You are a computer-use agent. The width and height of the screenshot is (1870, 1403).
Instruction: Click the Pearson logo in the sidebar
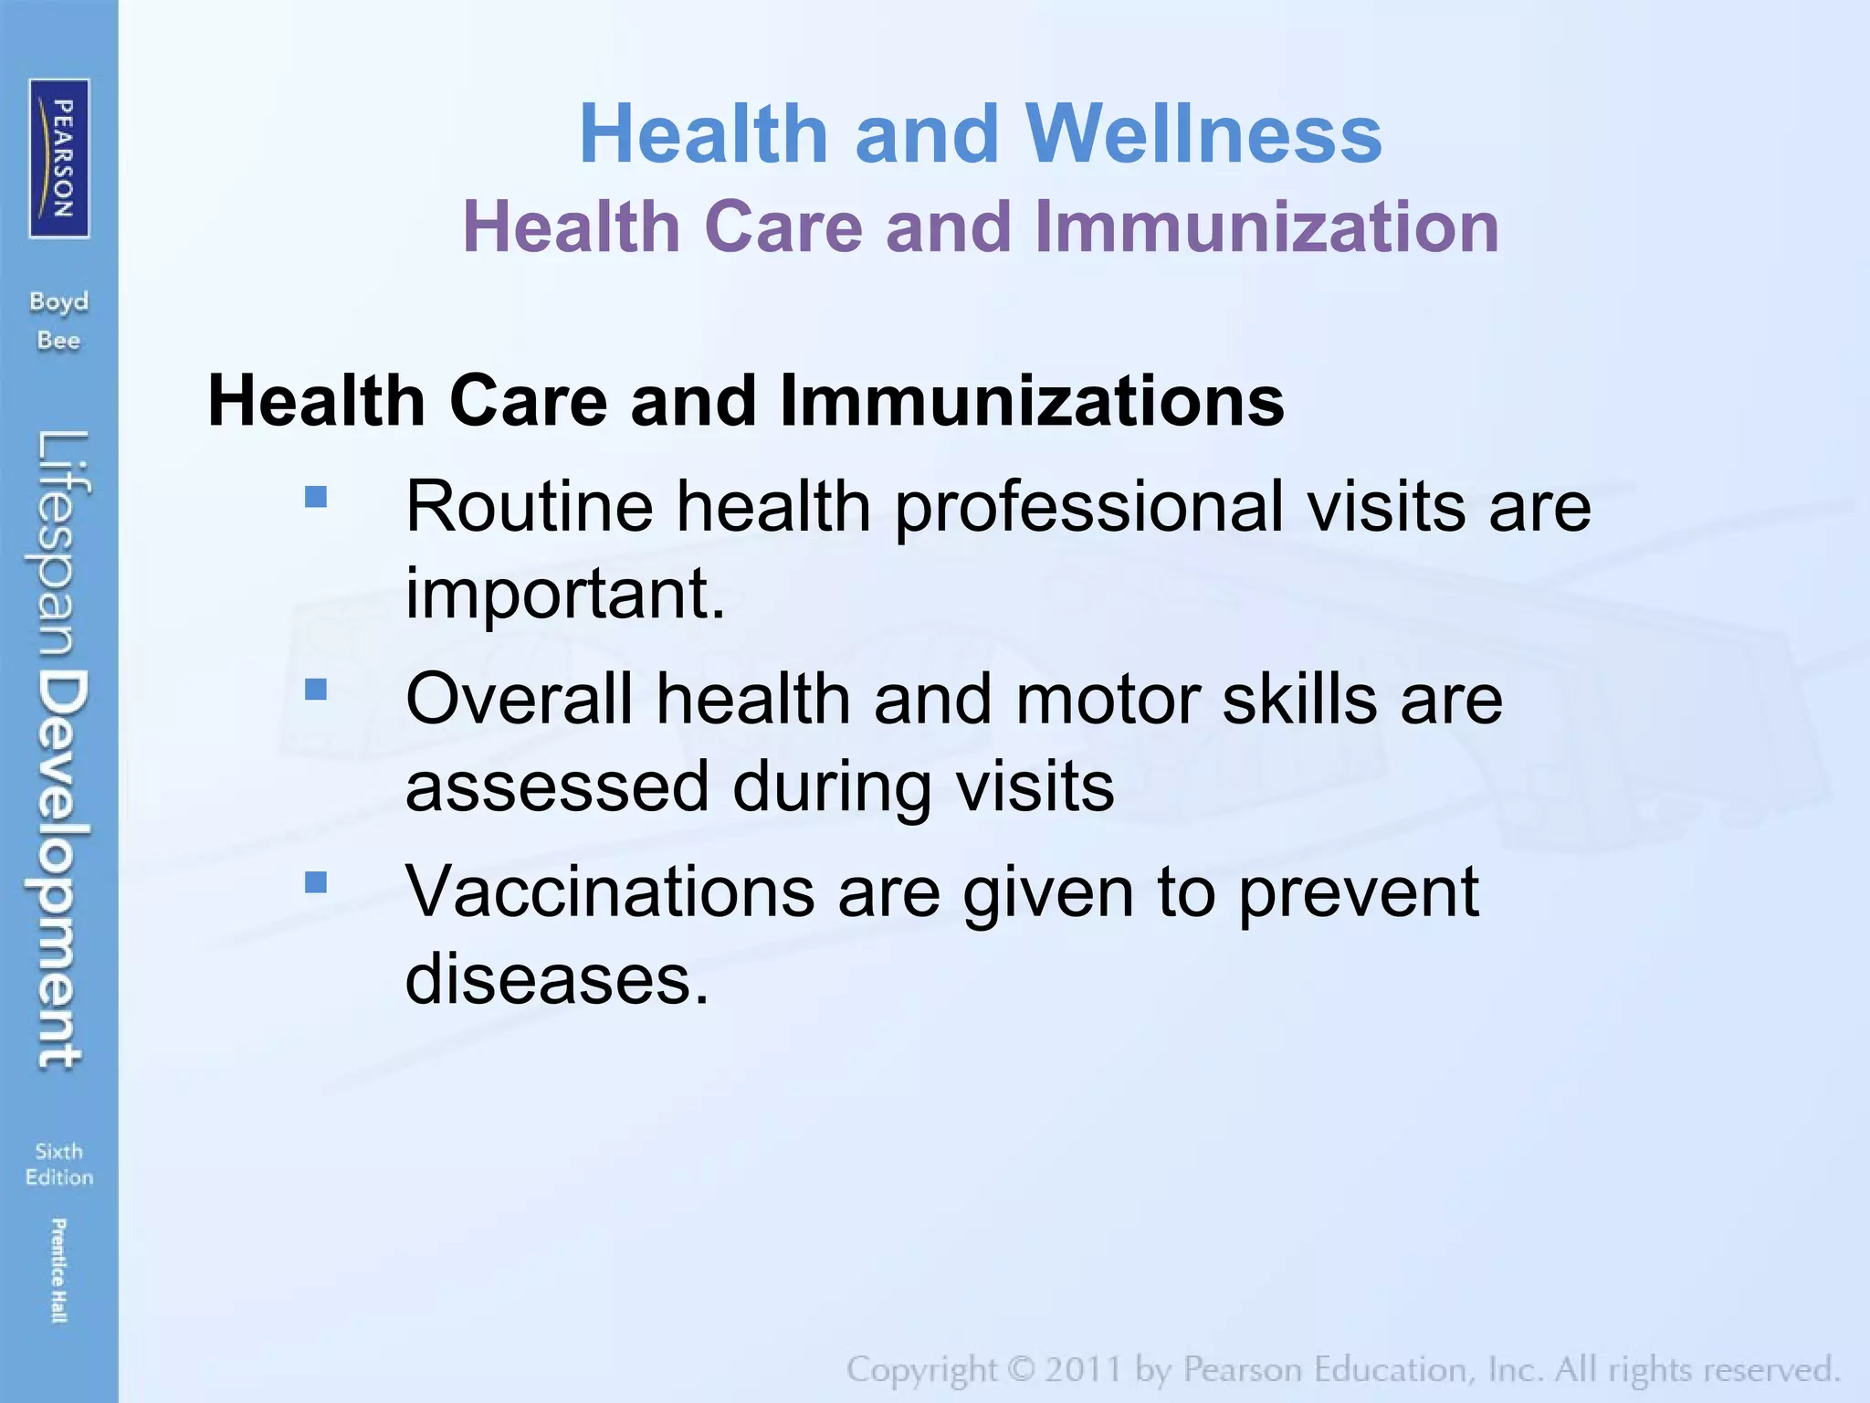tap(59, 158)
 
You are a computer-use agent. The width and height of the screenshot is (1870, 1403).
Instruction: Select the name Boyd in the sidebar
tap(59, 301)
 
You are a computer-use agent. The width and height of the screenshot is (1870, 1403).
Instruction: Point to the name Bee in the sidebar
tap(59, 341)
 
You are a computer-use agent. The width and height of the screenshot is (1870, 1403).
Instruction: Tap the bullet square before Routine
tap(316, 497)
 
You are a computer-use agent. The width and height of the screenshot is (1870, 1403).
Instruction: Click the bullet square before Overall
tap(316, 690)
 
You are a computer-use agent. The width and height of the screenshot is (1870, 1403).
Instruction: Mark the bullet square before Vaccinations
tap(316, 882)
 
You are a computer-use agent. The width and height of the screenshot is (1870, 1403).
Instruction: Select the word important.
tap(565, 594)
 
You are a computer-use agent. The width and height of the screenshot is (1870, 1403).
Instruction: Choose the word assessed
tap(557, 786)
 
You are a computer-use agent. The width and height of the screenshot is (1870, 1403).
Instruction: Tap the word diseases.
tap(557, 979)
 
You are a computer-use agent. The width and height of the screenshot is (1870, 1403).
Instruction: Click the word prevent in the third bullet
tap(1359, 891)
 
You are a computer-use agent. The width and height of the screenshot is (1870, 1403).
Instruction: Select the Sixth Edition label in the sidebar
tap(59, 1165)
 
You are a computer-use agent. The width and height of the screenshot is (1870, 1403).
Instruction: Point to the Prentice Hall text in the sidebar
tap(59, 1271)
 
